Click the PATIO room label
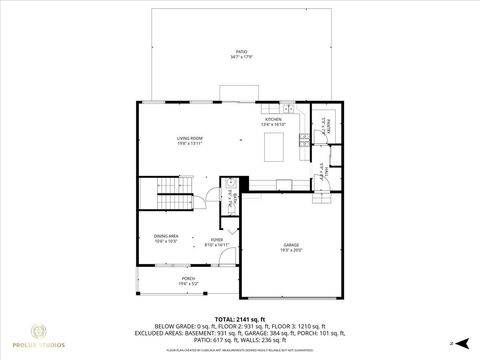(240, 50)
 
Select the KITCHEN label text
(272, 119)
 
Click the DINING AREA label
(165, 236)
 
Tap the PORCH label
(187, 279)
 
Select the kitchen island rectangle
(276, 148)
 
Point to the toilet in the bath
(229, 184)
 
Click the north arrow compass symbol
(451, 342)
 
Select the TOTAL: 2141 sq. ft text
(240, 317)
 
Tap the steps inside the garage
(322, 195)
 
